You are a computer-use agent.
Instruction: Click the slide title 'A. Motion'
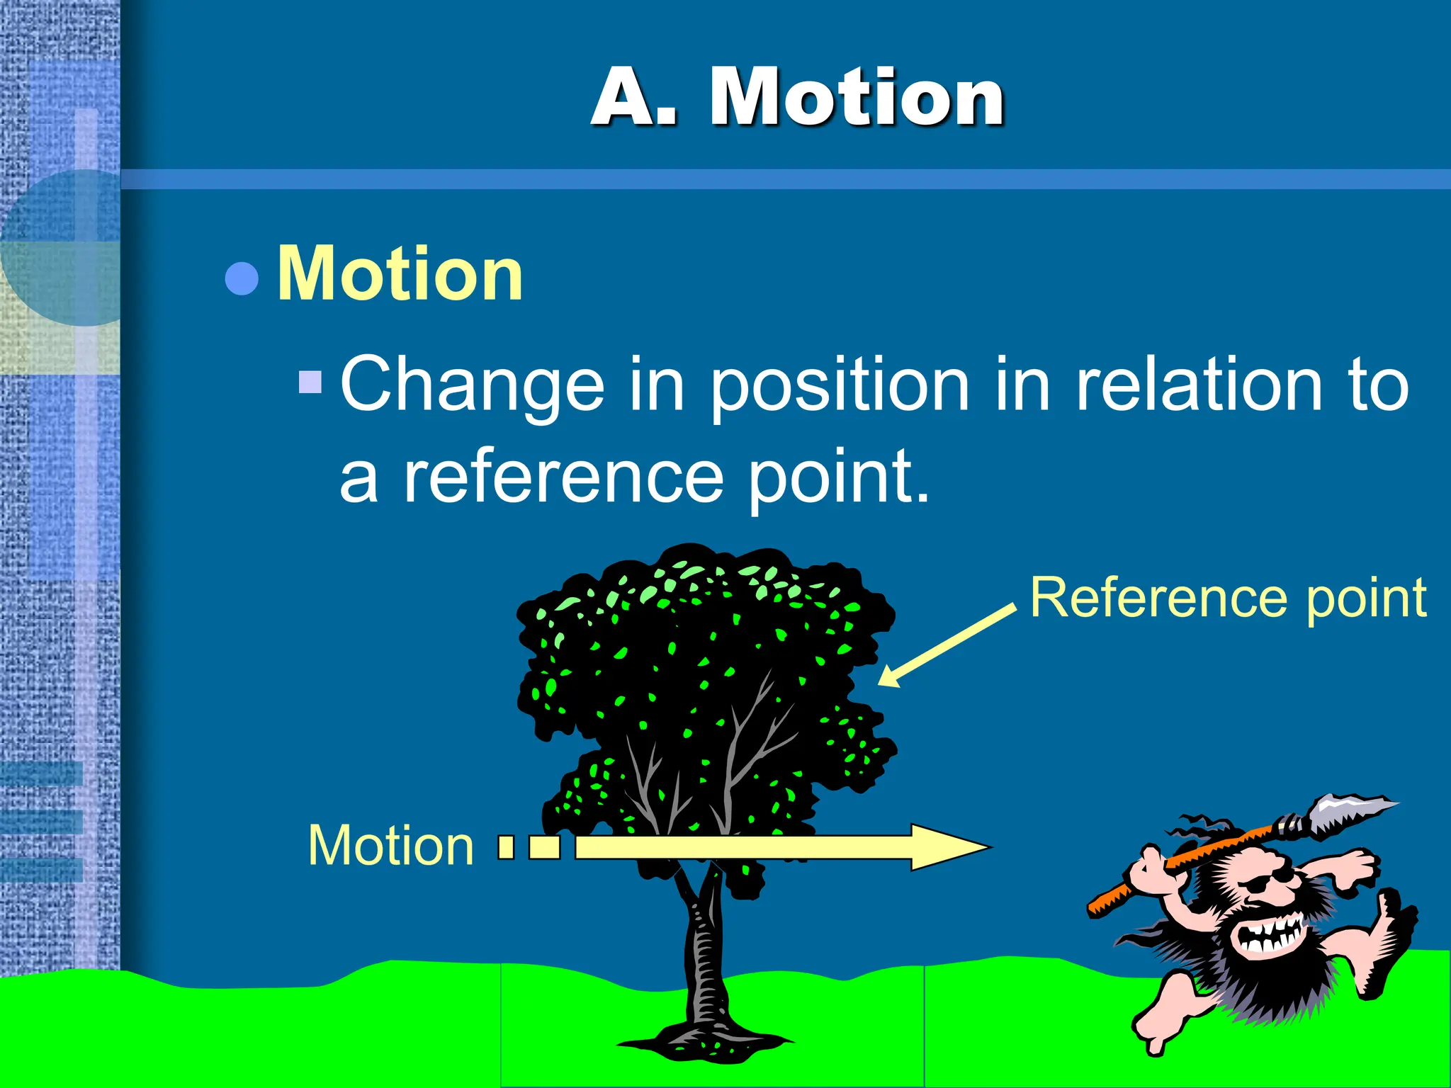(797, 97)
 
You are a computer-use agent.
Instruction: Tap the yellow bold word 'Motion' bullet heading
(400, 274)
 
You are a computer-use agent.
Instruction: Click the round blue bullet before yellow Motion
(241, 278)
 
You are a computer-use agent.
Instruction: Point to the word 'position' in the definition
(840, 386)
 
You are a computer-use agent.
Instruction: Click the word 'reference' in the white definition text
(563, 477)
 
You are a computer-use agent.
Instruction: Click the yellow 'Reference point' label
(1228, 599)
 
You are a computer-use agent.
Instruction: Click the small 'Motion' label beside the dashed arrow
(390, 846)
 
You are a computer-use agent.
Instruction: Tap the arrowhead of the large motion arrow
(949, 847)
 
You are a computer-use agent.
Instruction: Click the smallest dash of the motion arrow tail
(506, 847)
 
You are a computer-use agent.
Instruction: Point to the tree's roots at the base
(705, 1041)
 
